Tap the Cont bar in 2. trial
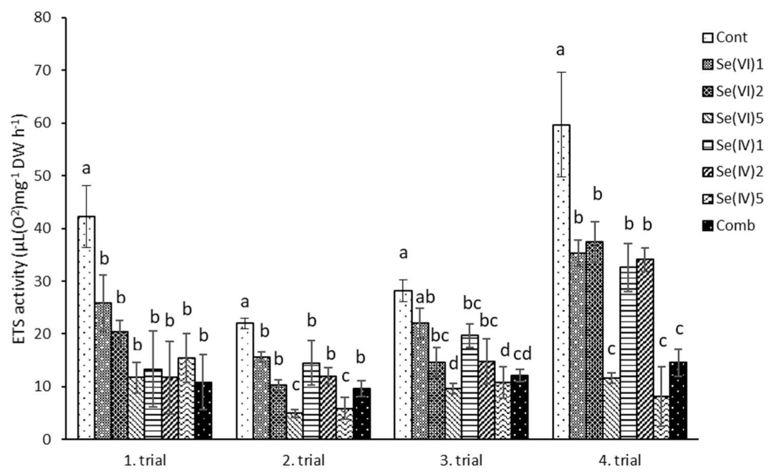245,381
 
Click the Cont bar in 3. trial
403,365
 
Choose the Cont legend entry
725,37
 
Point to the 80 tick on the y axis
52,18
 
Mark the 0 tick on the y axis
56,440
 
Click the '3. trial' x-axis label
462,460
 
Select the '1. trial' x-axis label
145,460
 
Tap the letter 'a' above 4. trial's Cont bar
560,50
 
